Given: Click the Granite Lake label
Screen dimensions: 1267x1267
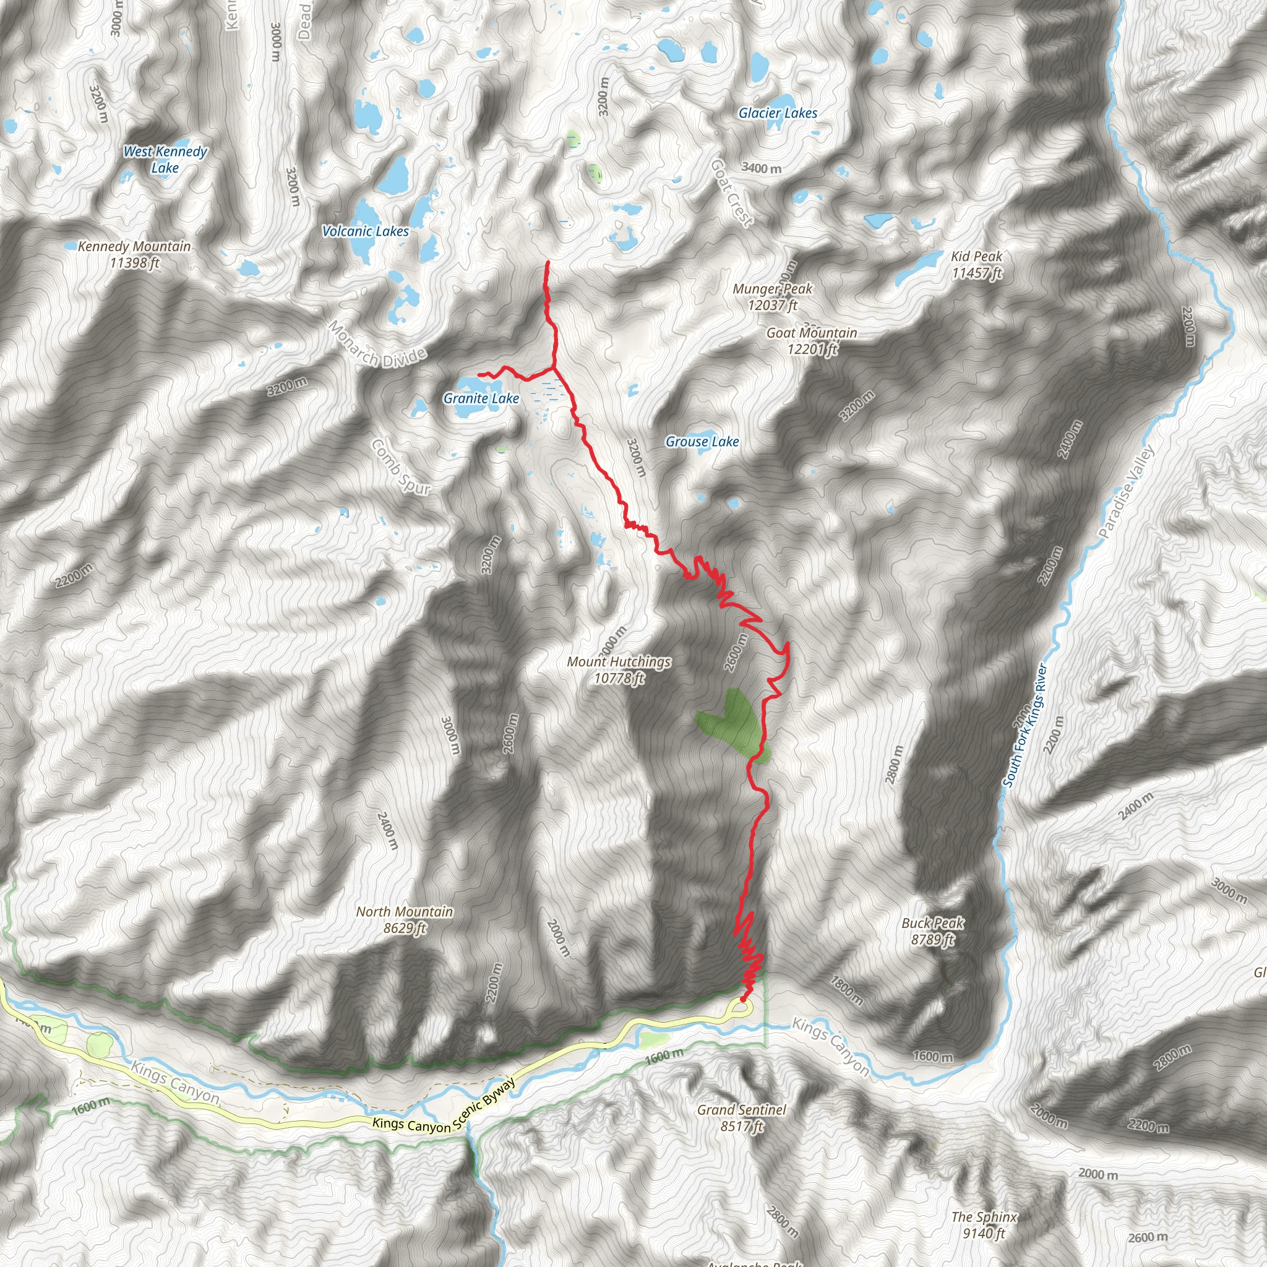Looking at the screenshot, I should [481, 398].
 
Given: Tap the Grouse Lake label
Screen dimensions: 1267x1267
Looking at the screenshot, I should [702, 441].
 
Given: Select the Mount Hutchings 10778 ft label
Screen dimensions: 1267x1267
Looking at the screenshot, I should [619, 669].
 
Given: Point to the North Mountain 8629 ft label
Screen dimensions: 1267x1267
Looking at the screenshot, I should [404, 919].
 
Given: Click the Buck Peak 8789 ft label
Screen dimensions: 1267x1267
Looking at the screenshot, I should [932, 931].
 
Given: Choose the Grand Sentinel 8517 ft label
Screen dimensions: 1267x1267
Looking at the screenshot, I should [741, 1117].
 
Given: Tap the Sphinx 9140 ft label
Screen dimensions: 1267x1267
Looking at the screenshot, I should [984, 1225].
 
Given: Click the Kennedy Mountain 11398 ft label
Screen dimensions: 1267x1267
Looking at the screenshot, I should [134, 254].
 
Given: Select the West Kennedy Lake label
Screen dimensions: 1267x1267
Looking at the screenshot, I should [165, 160].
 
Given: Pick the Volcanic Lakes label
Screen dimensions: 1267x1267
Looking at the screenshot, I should [365, 231].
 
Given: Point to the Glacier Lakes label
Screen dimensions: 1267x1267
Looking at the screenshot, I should [778, 113].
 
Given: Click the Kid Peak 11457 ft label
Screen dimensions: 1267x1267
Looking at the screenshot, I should [976, 264].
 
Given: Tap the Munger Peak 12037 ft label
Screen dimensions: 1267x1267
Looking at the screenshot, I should [773, 296].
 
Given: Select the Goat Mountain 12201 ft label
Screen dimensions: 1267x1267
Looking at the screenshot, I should [812, 340].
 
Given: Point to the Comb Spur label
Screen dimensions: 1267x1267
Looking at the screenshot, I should [400, 466].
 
